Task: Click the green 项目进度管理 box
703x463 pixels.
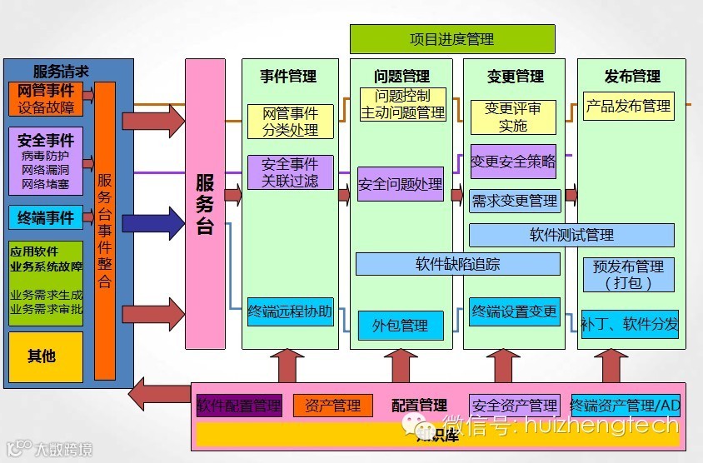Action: click(x=451, y=39)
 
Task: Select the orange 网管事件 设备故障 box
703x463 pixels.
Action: click(x=46, y=99)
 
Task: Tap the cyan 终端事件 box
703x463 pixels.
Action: click(x=46, y=218)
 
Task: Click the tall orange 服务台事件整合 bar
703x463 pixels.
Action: click(x=105, y=231)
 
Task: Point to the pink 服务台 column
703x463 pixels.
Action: click(x=205, y=204)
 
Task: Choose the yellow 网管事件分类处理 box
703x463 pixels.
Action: click(x=290, y=122)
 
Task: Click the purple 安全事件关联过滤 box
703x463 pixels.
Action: click(x=290, y=172)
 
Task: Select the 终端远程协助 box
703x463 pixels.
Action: click(x=290, y=312)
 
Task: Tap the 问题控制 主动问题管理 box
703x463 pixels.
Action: click(x=403, y=104)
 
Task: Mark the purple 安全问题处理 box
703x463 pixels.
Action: click(x=400, y=184)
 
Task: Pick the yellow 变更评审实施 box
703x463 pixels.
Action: click(x=513, y=117)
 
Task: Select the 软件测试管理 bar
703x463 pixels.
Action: click(x=571, y=235)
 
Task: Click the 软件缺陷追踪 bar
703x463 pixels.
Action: click(x=457, y=265)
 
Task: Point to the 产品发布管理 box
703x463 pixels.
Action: click(x=628, y=107)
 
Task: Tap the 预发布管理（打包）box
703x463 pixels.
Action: click(x=629, y=275)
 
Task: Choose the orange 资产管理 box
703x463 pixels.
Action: click(x=333, y=406)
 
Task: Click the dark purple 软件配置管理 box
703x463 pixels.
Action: click(x=239, y=406)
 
